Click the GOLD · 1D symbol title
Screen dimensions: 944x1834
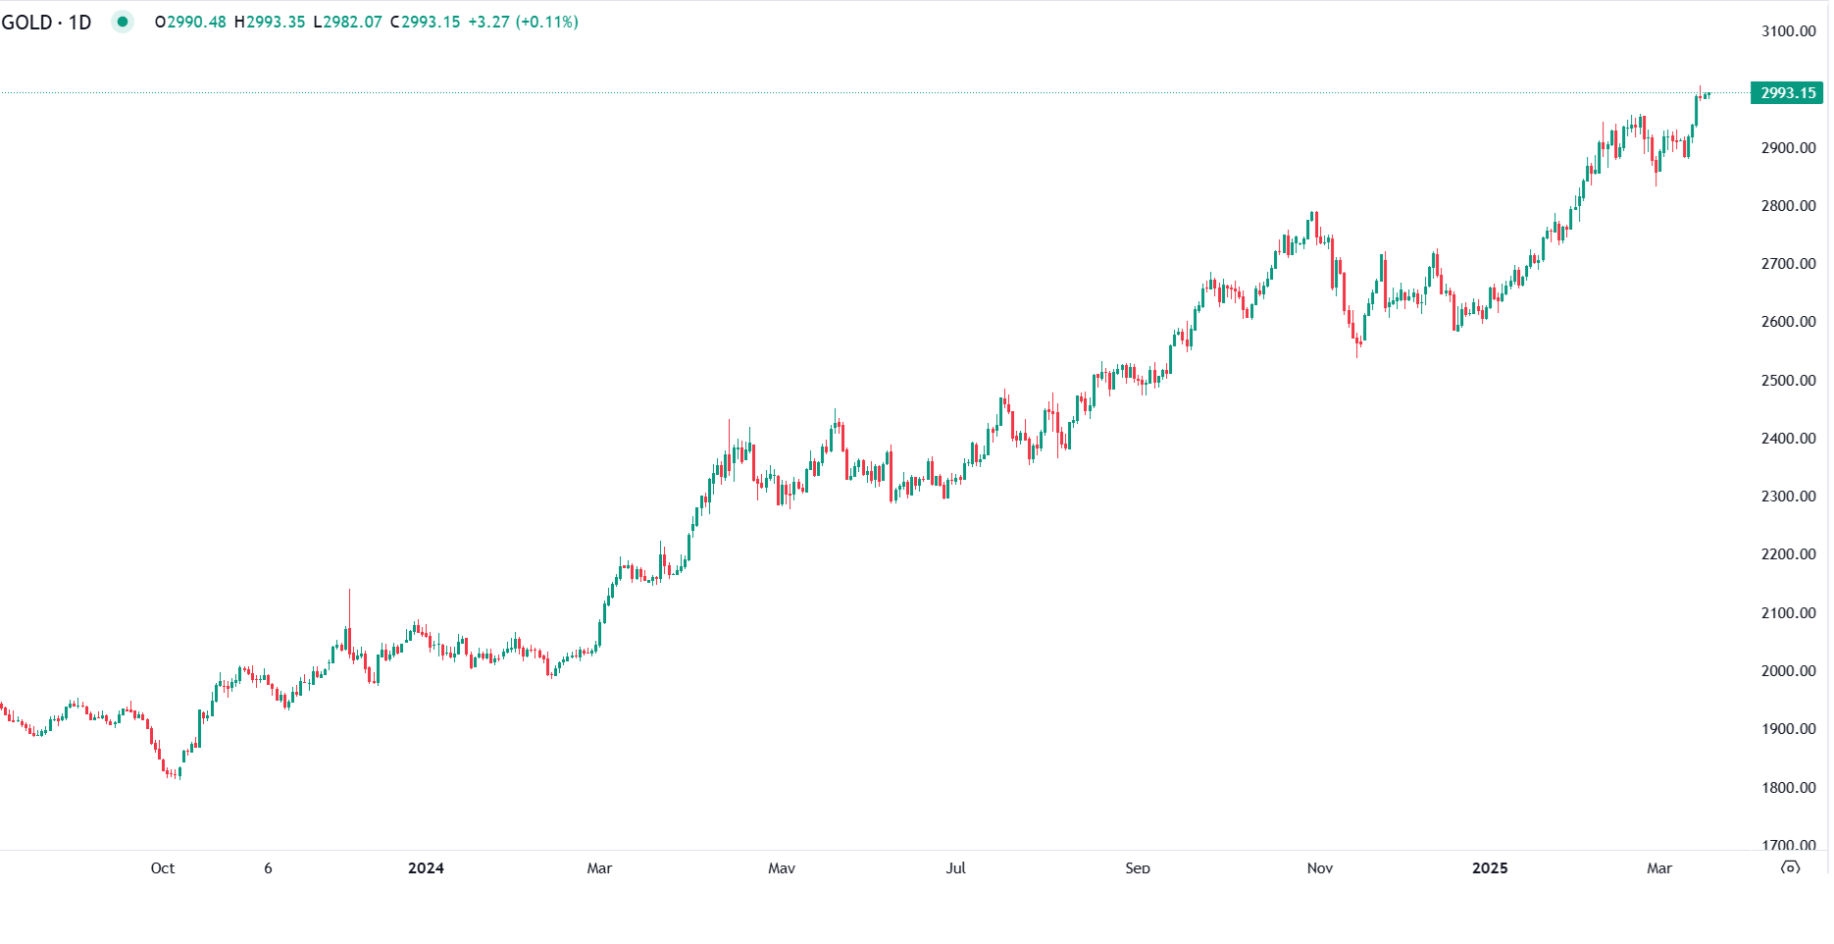46,22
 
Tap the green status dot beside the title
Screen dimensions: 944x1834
123,22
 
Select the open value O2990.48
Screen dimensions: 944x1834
190,22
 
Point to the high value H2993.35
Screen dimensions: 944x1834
270,22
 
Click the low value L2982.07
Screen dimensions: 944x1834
347,22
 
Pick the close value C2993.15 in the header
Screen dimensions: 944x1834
425,22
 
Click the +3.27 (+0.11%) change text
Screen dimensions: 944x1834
523,22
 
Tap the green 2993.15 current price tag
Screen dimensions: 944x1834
1787,93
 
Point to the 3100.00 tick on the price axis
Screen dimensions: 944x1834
1788,31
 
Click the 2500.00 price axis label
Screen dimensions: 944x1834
1788,381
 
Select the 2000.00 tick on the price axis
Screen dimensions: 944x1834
1788,671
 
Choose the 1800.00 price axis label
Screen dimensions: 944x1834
1788,788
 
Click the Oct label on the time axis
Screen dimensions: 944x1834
163,868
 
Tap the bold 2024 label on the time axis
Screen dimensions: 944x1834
426,868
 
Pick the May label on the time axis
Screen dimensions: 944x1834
782,868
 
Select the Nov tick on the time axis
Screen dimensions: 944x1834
1320,868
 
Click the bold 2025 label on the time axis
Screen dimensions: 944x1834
1490,868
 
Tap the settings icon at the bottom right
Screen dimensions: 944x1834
1791,868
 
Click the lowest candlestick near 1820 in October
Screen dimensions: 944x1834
174,773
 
